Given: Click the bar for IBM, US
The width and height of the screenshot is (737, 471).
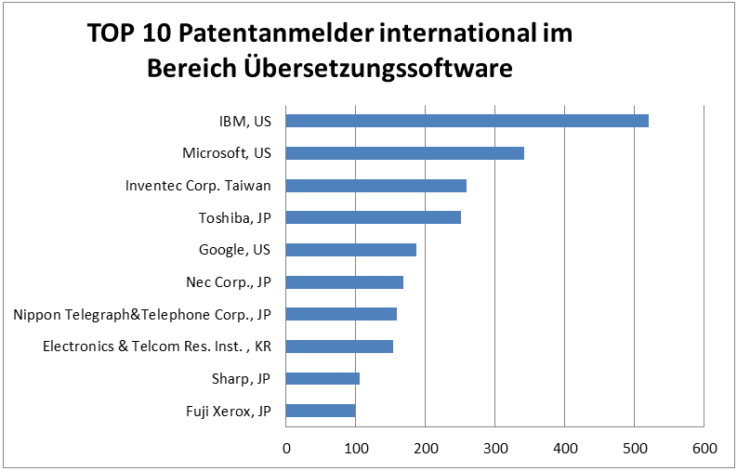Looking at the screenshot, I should pyautogui.click(x=467, y=121).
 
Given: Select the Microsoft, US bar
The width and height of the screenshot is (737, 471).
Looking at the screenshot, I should pyautogui.click(x=404, y=153).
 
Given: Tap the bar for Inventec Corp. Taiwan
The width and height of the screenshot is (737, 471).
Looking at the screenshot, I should pyautogui.click(x=375, y=186).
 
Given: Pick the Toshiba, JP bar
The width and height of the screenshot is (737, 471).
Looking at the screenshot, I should pyautogui.click(x=373, y=217).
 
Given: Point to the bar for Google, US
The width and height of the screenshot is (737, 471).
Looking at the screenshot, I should pyautogui.click(x=350, y=250).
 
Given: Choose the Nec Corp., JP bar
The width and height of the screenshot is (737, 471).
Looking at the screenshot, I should pyautogui.click(x=344, y=282).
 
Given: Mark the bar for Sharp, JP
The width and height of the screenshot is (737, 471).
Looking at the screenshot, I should pyautogui.click(x=322, y=378).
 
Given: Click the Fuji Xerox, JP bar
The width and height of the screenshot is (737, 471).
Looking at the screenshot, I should pyautogui.click(x=320, y=411).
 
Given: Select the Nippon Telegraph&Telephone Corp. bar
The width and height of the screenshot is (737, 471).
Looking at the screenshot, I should pyautogui.click(x=341, y=314).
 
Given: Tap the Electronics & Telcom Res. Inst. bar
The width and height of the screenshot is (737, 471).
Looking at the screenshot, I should pyautogui.click(x=339, y=347).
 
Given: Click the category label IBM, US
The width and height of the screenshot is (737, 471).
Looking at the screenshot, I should pyautogui.click(x=239, y=121).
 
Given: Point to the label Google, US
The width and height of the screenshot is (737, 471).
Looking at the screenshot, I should pyautogui.click(x=234, y=250).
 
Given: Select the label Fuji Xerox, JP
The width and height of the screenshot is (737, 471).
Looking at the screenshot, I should pyautogui.click(x=228, y=411).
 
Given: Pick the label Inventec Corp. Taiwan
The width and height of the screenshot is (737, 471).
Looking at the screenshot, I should pyautogui.click(x=198, y=186).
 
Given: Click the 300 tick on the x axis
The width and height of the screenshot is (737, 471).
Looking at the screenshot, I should pyautogui.click(x=495, y=449).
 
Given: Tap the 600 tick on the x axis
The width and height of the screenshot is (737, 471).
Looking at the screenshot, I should pyautogui.click(x=704, y=449).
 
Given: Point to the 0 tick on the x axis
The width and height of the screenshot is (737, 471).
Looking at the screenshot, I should pyautogui.click(x=286, y=449).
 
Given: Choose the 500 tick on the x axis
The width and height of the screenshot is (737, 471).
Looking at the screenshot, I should pyautogui.click(x=635, y=449).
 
